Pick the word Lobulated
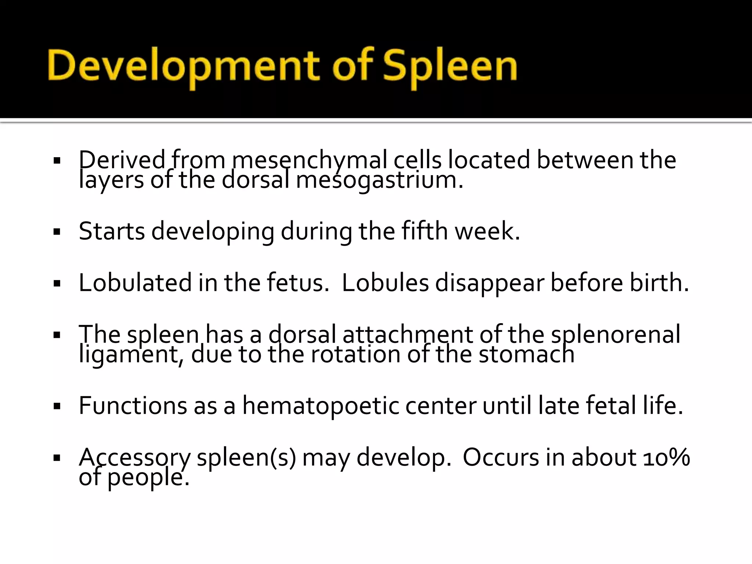[135, 283]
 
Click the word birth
[659, 283]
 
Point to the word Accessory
[134, 458]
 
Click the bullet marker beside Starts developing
[57, 232]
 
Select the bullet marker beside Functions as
[57, 406]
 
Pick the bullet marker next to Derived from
[57, 161]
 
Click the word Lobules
[385, 283]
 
